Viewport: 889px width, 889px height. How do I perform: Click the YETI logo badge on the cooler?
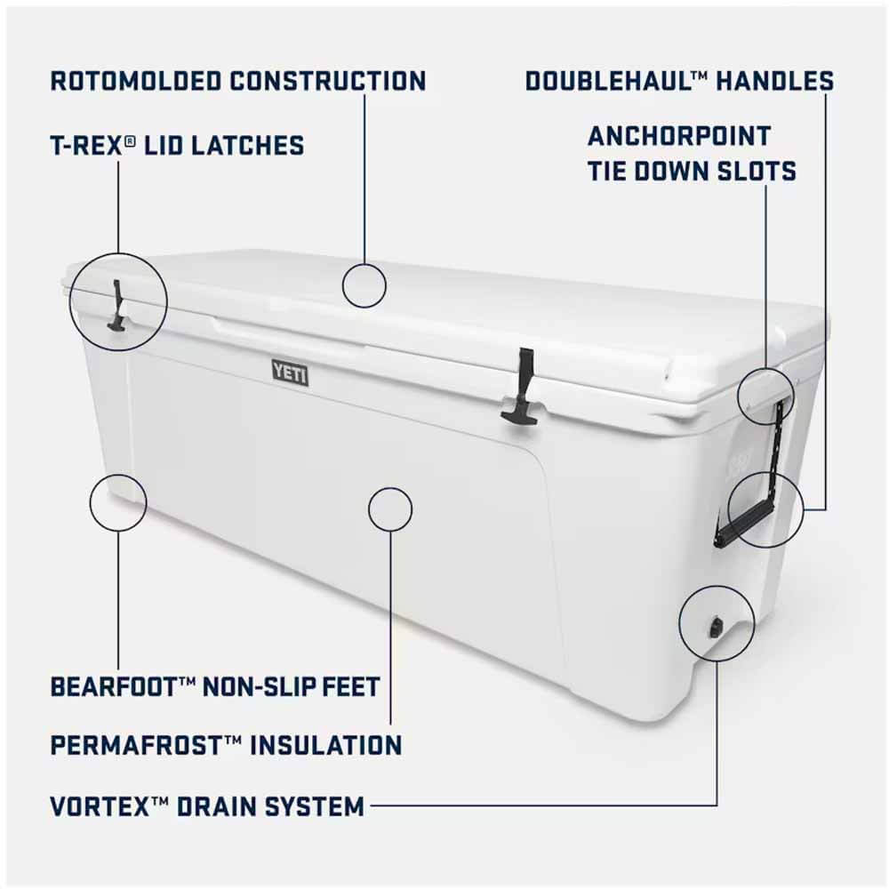pos(290,372)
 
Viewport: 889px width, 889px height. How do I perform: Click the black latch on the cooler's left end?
pos(117,306)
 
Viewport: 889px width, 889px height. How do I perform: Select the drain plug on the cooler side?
pos(716,626)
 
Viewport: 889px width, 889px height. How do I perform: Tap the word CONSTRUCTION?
pos(328,81)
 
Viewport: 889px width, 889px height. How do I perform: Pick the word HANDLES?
pos(775,81)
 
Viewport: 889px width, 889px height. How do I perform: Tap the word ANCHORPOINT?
pos(679,136)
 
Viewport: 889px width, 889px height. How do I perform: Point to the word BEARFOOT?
pos(115,686)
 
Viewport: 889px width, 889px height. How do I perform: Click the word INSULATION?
pos(326,744)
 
